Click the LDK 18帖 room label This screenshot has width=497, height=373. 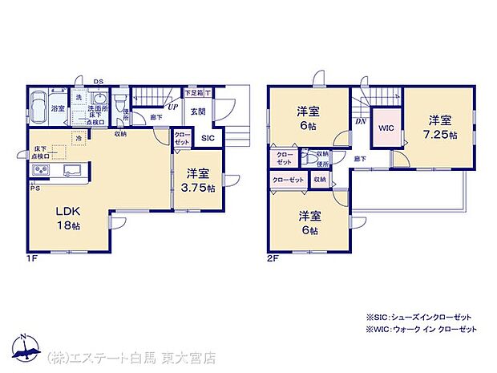67,218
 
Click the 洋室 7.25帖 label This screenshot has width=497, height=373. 440,128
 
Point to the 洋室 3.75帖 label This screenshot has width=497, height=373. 197,180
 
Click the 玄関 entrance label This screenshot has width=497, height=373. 197,112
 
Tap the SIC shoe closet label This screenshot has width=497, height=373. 208,138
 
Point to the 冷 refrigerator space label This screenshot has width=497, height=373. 79,138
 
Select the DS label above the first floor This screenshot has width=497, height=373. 98,80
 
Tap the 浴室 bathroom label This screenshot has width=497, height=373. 58,107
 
